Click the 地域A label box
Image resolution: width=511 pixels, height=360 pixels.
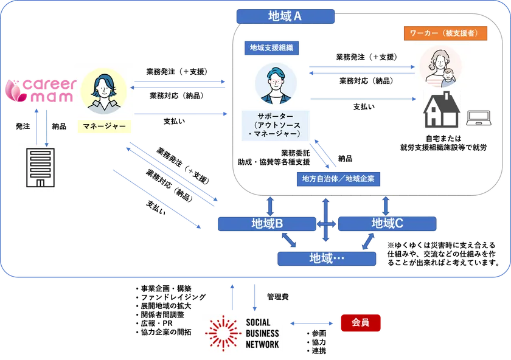tap(285, 16)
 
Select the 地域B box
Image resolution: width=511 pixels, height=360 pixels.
tap(267, 224)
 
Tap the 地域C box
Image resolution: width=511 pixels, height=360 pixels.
tap(387, 224)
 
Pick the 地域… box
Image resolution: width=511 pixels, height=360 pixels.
tap(327, 258)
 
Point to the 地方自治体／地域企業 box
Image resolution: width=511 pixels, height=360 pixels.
tap(338, 179)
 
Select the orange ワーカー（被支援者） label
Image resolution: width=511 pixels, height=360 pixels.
tap(445, 33)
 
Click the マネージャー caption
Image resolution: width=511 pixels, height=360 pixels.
tap(101, 126)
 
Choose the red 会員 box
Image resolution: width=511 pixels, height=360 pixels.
tap(360, 324)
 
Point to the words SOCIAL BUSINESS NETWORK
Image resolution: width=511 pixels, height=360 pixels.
tap(263, 333)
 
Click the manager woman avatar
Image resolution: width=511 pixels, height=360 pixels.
tap(102, 91)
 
